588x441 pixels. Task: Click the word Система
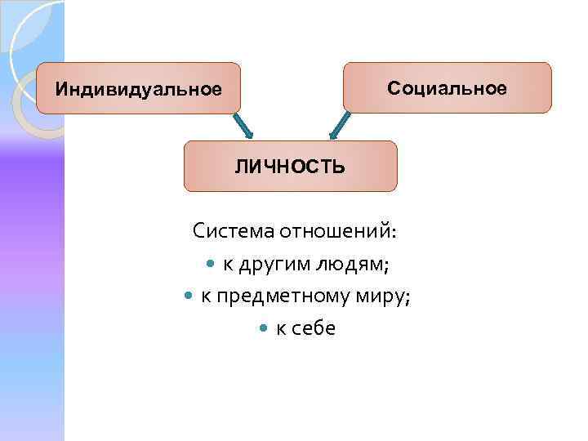point(234,231)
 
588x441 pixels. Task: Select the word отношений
point(336,231)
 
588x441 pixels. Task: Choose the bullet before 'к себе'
point(262,329)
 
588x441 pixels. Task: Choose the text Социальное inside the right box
point(447,87)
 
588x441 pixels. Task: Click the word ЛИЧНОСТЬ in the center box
point(290,167)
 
